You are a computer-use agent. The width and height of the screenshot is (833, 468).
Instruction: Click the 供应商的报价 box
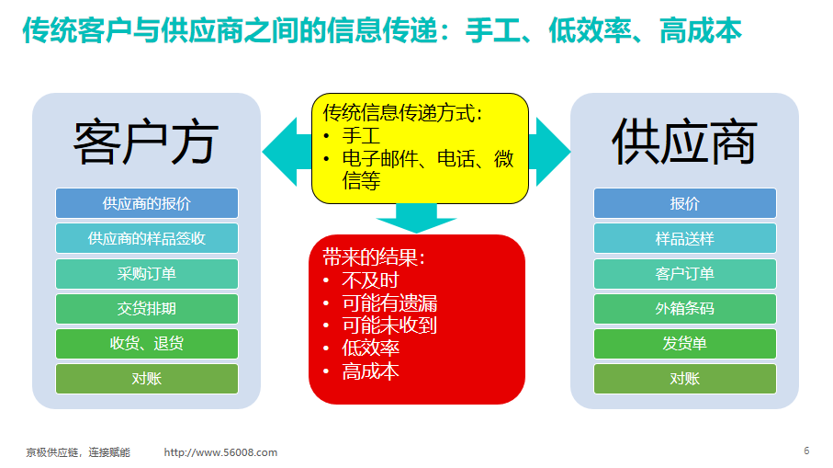[147, 203]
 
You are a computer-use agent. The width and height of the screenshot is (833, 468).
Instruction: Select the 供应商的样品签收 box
[147, 238]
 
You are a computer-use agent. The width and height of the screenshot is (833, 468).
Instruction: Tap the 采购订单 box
[147, 273]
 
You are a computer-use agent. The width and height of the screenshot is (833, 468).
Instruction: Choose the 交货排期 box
[147, 308]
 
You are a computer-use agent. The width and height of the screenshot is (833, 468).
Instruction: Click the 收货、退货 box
[147, 344]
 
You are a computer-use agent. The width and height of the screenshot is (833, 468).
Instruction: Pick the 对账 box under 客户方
[147, 379]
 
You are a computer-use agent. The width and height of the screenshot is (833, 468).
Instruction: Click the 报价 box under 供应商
[685, 203]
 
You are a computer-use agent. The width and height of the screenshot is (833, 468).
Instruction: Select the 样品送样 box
[685, 238]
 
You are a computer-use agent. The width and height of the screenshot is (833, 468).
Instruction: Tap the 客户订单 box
[685, 273]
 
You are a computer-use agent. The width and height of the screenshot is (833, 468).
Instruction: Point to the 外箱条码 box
[685, 308]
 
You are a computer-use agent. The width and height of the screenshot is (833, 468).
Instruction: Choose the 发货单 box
[685, 344]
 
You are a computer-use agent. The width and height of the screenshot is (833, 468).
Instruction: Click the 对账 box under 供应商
[685, 379]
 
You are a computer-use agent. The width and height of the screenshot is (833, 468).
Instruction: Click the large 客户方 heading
[146, 143]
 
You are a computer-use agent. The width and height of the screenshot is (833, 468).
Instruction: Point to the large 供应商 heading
[684, 142]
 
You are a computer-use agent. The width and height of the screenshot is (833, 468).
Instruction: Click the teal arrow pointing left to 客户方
[287, 152]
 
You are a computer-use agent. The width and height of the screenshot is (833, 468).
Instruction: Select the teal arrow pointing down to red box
[417, 218]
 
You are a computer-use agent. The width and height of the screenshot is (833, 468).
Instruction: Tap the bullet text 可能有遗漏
[389, 303]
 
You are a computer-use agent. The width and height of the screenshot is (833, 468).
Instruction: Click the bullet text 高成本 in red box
[370, 371]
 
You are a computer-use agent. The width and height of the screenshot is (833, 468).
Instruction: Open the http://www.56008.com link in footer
[220, 452]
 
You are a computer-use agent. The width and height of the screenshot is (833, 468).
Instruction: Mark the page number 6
[806, 451]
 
